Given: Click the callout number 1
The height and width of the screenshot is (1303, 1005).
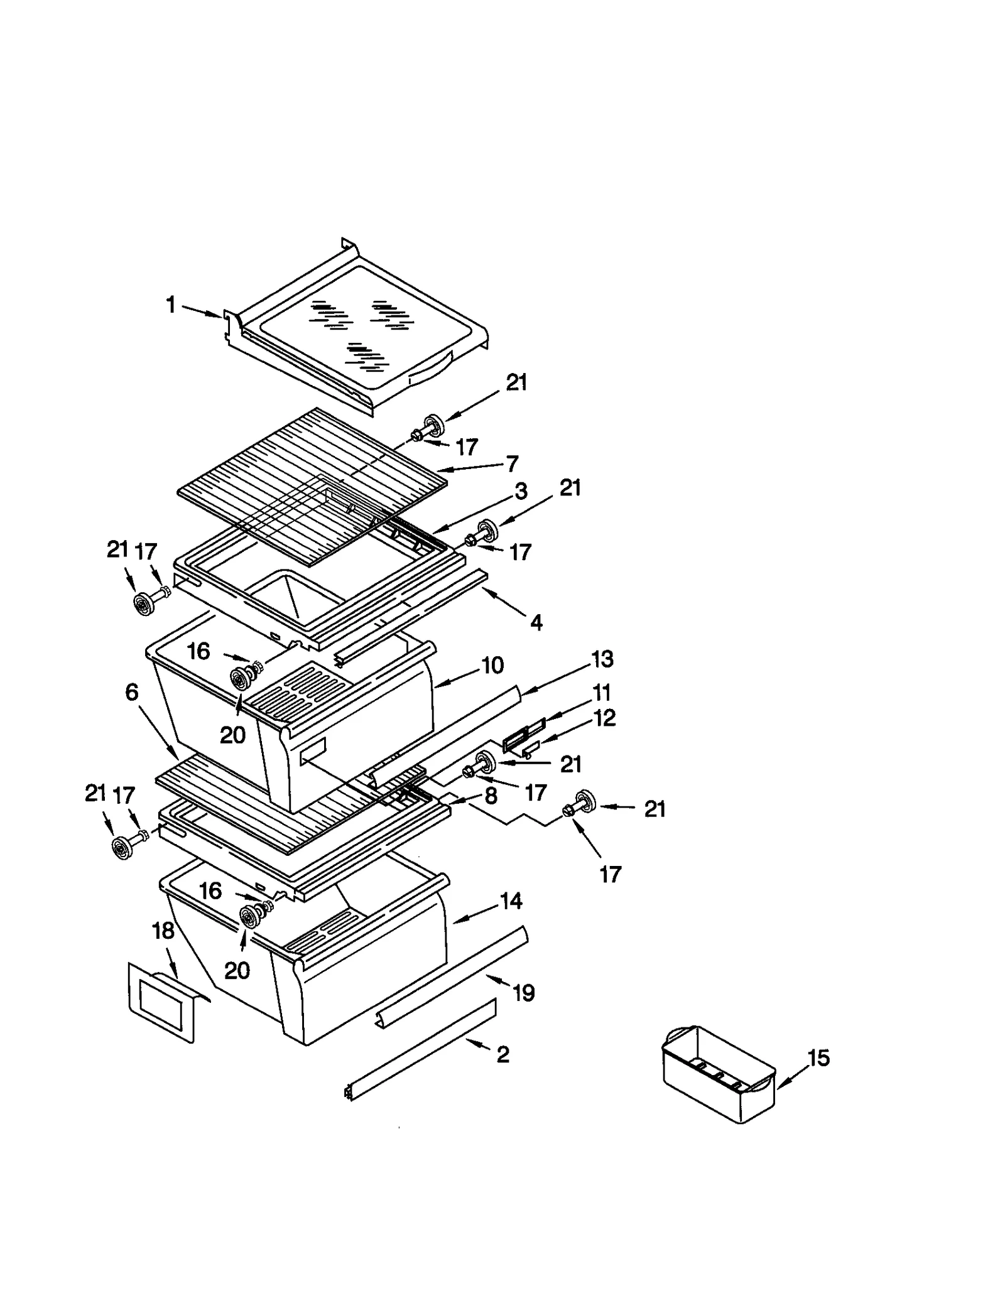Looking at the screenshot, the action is (x=170, y=305).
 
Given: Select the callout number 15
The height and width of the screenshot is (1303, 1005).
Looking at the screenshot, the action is (x=818, y=1058).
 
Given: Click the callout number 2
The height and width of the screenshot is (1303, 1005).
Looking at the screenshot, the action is (x=503, y=1054).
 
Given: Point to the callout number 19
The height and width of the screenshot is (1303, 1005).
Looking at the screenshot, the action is (x=523, y=993).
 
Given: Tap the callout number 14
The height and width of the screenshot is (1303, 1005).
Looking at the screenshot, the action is (x=511, y=901).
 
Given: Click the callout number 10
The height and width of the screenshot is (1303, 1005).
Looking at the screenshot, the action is (x=492, y=665).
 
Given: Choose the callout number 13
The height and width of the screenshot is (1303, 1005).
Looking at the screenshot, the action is (x=602, y=659).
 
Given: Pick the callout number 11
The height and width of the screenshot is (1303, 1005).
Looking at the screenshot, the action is (x=601, y=693).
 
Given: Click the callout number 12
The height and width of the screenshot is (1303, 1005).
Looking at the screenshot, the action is (x=604, y=717).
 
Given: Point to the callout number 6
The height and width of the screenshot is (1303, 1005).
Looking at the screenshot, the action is (x=131, y=693).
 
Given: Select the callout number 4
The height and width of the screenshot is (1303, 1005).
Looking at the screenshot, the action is (x=536, y=622).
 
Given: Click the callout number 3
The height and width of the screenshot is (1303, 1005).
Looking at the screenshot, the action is (x=521, y=491).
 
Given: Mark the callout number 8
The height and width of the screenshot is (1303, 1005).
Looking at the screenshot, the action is (x=491, y=796).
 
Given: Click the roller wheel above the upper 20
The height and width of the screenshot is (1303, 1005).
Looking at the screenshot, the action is (x=239, y=679).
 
